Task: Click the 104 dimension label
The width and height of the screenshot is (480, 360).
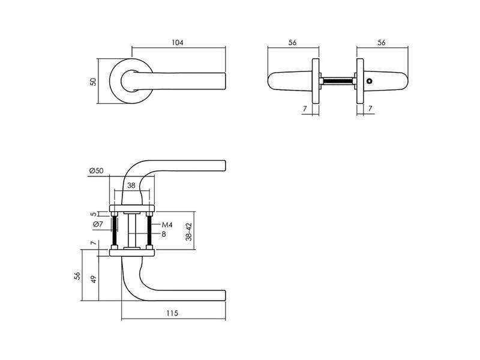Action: click(x=177, y=43)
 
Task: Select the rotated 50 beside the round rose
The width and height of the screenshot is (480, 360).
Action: click(x=93, y=82)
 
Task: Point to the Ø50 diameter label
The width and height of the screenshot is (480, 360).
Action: click(x=97, y=170)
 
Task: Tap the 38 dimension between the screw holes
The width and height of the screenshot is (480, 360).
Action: click(x=131, y=185)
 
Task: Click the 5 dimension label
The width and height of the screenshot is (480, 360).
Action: click(x=94, y=214)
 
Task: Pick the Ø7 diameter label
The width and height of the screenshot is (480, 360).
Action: click(x=98, y=224)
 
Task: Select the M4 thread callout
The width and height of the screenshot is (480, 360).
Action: click(x=167, y=225)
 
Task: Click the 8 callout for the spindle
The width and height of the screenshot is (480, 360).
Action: click(x=164, y=234)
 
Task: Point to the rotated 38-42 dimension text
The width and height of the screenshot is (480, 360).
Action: click(x=189, y=232)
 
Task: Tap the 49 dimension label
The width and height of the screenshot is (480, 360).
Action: click(x=94, y=279)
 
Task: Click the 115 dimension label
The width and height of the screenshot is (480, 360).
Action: click(x=172, y=313)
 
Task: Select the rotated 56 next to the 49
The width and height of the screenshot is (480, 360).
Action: click(x=77, y=275)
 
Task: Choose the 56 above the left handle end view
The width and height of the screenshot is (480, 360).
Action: click(x=292, y=43)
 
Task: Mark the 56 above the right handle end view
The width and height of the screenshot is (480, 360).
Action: click(x=382, y=43)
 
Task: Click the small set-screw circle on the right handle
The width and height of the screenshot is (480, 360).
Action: click(x=370, y=82)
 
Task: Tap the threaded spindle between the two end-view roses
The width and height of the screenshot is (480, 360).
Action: click(x=337, y=81)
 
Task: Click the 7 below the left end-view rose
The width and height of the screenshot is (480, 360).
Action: click(x=305, y=109)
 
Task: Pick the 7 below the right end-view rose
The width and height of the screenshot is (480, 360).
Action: click(x=370, y=109)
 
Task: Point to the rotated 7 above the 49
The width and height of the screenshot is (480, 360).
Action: click(x=94, y=243)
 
